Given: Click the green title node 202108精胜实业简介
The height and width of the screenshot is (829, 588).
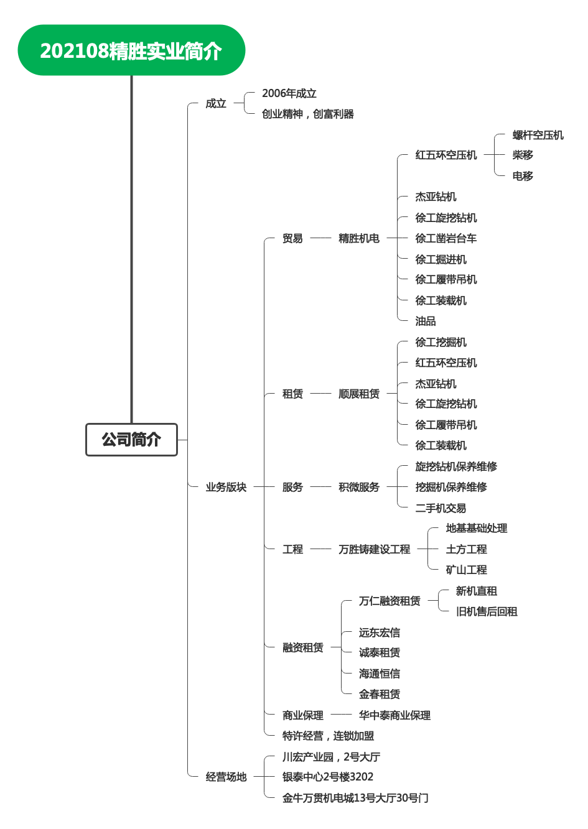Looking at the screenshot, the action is tap(131, 50).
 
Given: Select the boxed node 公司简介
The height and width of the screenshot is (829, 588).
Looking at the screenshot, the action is tap(131, 440).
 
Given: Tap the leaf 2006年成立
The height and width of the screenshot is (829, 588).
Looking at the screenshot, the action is tap(289, 93).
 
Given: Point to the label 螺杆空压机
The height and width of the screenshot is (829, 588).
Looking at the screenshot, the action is tap(538, 135).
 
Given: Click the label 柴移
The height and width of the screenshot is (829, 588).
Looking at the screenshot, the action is tap(523, 155).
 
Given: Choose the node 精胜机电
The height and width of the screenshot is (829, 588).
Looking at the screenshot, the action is tap(359, 238).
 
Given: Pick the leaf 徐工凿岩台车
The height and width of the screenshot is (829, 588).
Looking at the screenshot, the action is tap(446, 238).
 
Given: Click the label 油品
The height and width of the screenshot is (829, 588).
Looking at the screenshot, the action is tap(425, 321).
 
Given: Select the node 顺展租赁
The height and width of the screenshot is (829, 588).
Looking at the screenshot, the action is tap(359, 394).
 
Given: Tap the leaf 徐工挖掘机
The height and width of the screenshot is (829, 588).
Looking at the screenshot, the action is tap(441, 342).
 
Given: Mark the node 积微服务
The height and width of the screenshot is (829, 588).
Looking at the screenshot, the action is tap(359, 487).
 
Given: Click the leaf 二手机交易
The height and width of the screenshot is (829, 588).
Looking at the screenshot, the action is tap(441, 507).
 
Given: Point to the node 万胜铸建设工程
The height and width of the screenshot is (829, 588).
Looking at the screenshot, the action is tap(374, 549).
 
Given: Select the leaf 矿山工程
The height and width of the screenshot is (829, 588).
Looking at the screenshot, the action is tap(466, 570).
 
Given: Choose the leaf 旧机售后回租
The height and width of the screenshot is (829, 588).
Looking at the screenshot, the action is tap(487, 611).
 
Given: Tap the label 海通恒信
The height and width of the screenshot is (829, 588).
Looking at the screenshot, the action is tap(379, 673).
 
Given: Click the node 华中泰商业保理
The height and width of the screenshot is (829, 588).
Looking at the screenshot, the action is tap(394, 715).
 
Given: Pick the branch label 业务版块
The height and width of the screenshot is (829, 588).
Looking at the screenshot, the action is tap(226, 487).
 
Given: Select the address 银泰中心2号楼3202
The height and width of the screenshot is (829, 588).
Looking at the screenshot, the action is tap(328, 776).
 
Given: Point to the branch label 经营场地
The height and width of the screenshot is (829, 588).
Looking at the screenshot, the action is tap(226, 776).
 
